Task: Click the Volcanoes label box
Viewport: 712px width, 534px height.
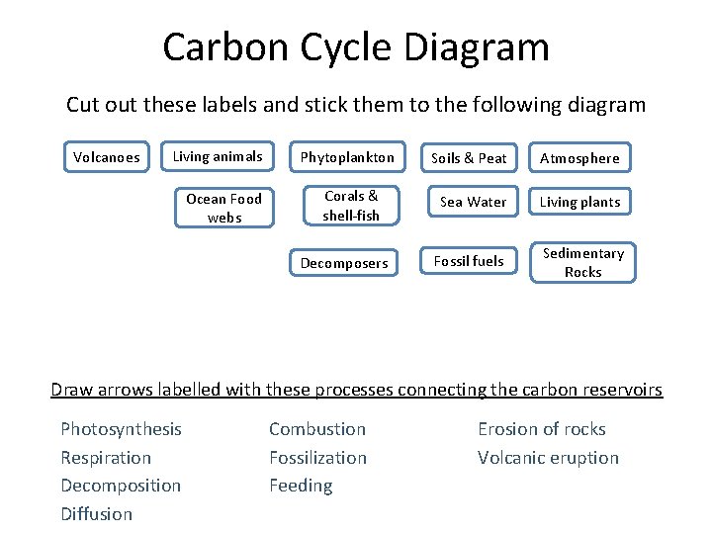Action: click(x=107, y=156)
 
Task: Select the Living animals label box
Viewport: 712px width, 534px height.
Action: click(x=218, y=156)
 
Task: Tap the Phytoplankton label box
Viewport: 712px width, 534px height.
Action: click(x=347, y=157)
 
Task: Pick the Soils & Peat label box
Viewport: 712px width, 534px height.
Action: click(x=469, y=158)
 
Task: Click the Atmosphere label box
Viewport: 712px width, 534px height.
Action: click(x=579, y=158)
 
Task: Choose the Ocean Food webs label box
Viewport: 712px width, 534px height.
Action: click(x=224, y=208)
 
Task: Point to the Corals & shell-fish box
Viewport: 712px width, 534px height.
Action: click(x=351, y=206)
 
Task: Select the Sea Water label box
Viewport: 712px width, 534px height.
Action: click(x=473, y=202)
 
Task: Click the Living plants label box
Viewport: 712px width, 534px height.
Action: click(x=579, y=202)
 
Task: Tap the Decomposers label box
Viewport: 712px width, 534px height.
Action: click(x=344, y=263)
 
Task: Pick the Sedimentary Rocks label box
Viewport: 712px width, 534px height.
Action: click(x=582, y=262)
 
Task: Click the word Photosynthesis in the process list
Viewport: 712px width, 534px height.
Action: click(x=121, y=429)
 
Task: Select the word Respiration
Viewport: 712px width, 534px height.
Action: click(x=106, y=458)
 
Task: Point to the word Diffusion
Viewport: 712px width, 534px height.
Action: click(x=96, y=514)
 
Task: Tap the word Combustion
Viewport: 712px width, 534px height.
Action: click(x=317, y=429)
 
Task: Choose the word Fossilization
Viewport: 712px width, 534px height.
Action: click(x=317, y=458)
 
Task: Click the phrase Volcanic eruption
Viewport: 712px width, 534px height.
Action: click(x=548, y=458)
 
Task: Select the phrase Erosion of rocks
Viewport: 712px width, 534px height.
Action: click(x=541, y=429)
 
